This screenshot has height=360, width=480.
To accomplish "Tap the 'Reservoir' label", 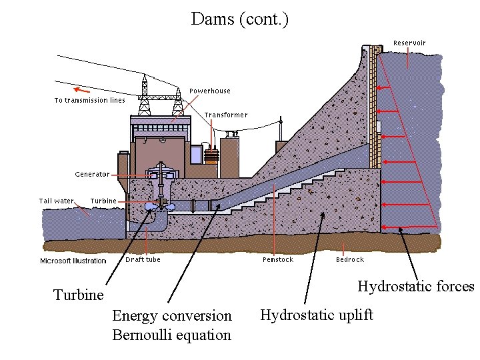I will click(409, 43).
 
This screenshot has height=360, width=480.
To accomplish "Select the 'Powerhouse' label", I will click(210, 91).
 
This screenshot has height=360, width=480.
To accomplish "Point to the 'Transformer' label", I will click(226, 115).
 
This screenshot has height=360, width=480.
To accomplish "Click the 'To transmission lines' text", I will click(89, 101).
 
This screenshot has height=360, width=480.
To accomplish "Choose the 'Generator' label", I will click(92, 174).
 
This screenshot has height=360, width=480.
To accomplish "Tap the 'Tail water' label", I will click(57, 201).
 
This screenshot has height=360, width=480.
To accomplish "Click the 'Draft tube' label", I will click(143, 259).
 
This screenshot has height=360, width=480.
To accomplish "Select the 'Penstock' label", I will click(277, 259).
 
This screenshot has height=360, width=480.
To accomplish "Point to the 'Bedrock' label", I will click(350, 259).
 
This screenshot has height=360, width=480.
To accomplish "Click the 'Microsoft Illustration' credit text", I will click(73, 261).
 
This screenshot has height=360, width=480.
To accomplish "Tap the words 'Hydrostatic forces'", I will click(415, 287).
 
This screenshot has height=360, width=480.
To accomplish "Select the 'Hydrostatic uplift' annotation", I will click(317, 315).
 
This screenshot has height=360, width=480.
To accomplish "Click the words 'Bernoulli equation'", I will click(172, 335).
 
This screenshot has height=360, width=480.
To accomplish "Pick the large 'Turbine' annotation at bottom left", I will click(79, 295).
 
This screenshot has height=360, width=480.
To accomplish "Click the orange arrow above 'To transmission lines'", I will click(81, 89).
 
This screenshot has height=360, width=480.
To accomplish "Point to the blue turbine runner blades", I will click(160, 207).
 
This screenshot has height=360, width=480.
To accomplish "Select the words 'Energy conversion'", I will click(172, 315).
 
